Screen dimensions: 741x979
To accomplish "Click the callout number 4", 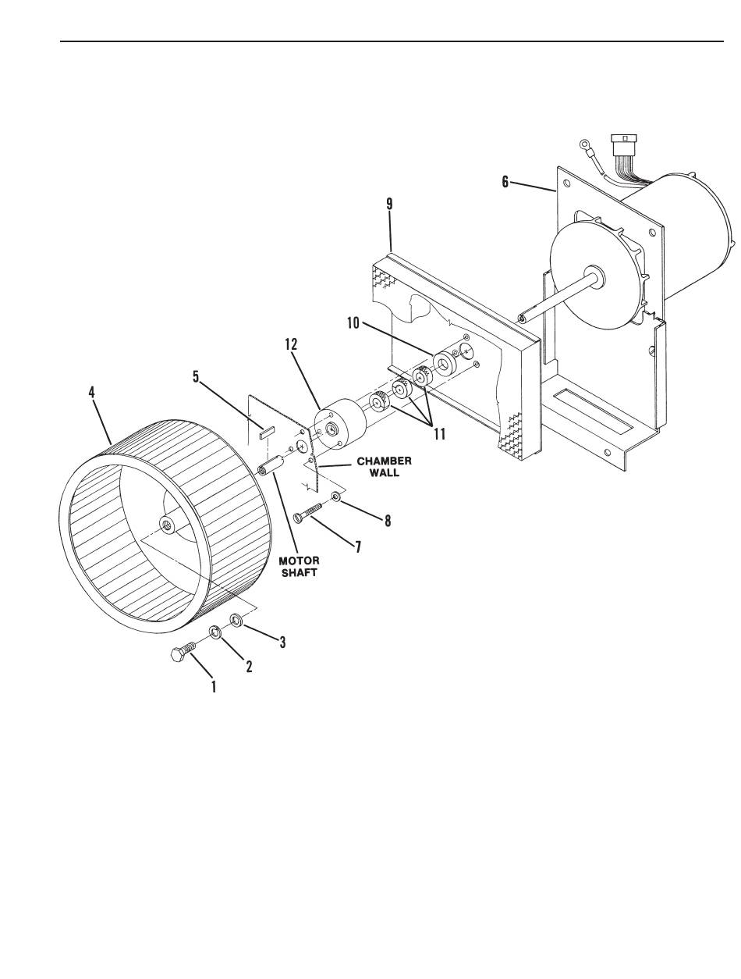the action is coord(91,393).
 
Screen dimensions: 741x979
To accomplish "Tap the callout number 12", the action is coord(291,345).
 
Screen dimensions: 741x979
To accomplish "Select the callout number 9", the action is coord(389,205).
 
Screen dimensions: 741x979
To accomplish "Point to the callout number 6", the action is coord(505,182).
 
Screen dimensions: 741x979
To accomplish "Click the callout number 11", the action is coord(440,434).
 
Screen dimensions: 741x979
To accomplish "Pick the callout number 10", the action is coord(353,323).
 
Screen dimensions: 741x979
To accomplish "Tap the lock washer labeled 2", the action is coord(215,632).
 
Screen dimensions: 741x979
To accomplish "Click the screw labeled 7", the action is coord(308,511).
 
